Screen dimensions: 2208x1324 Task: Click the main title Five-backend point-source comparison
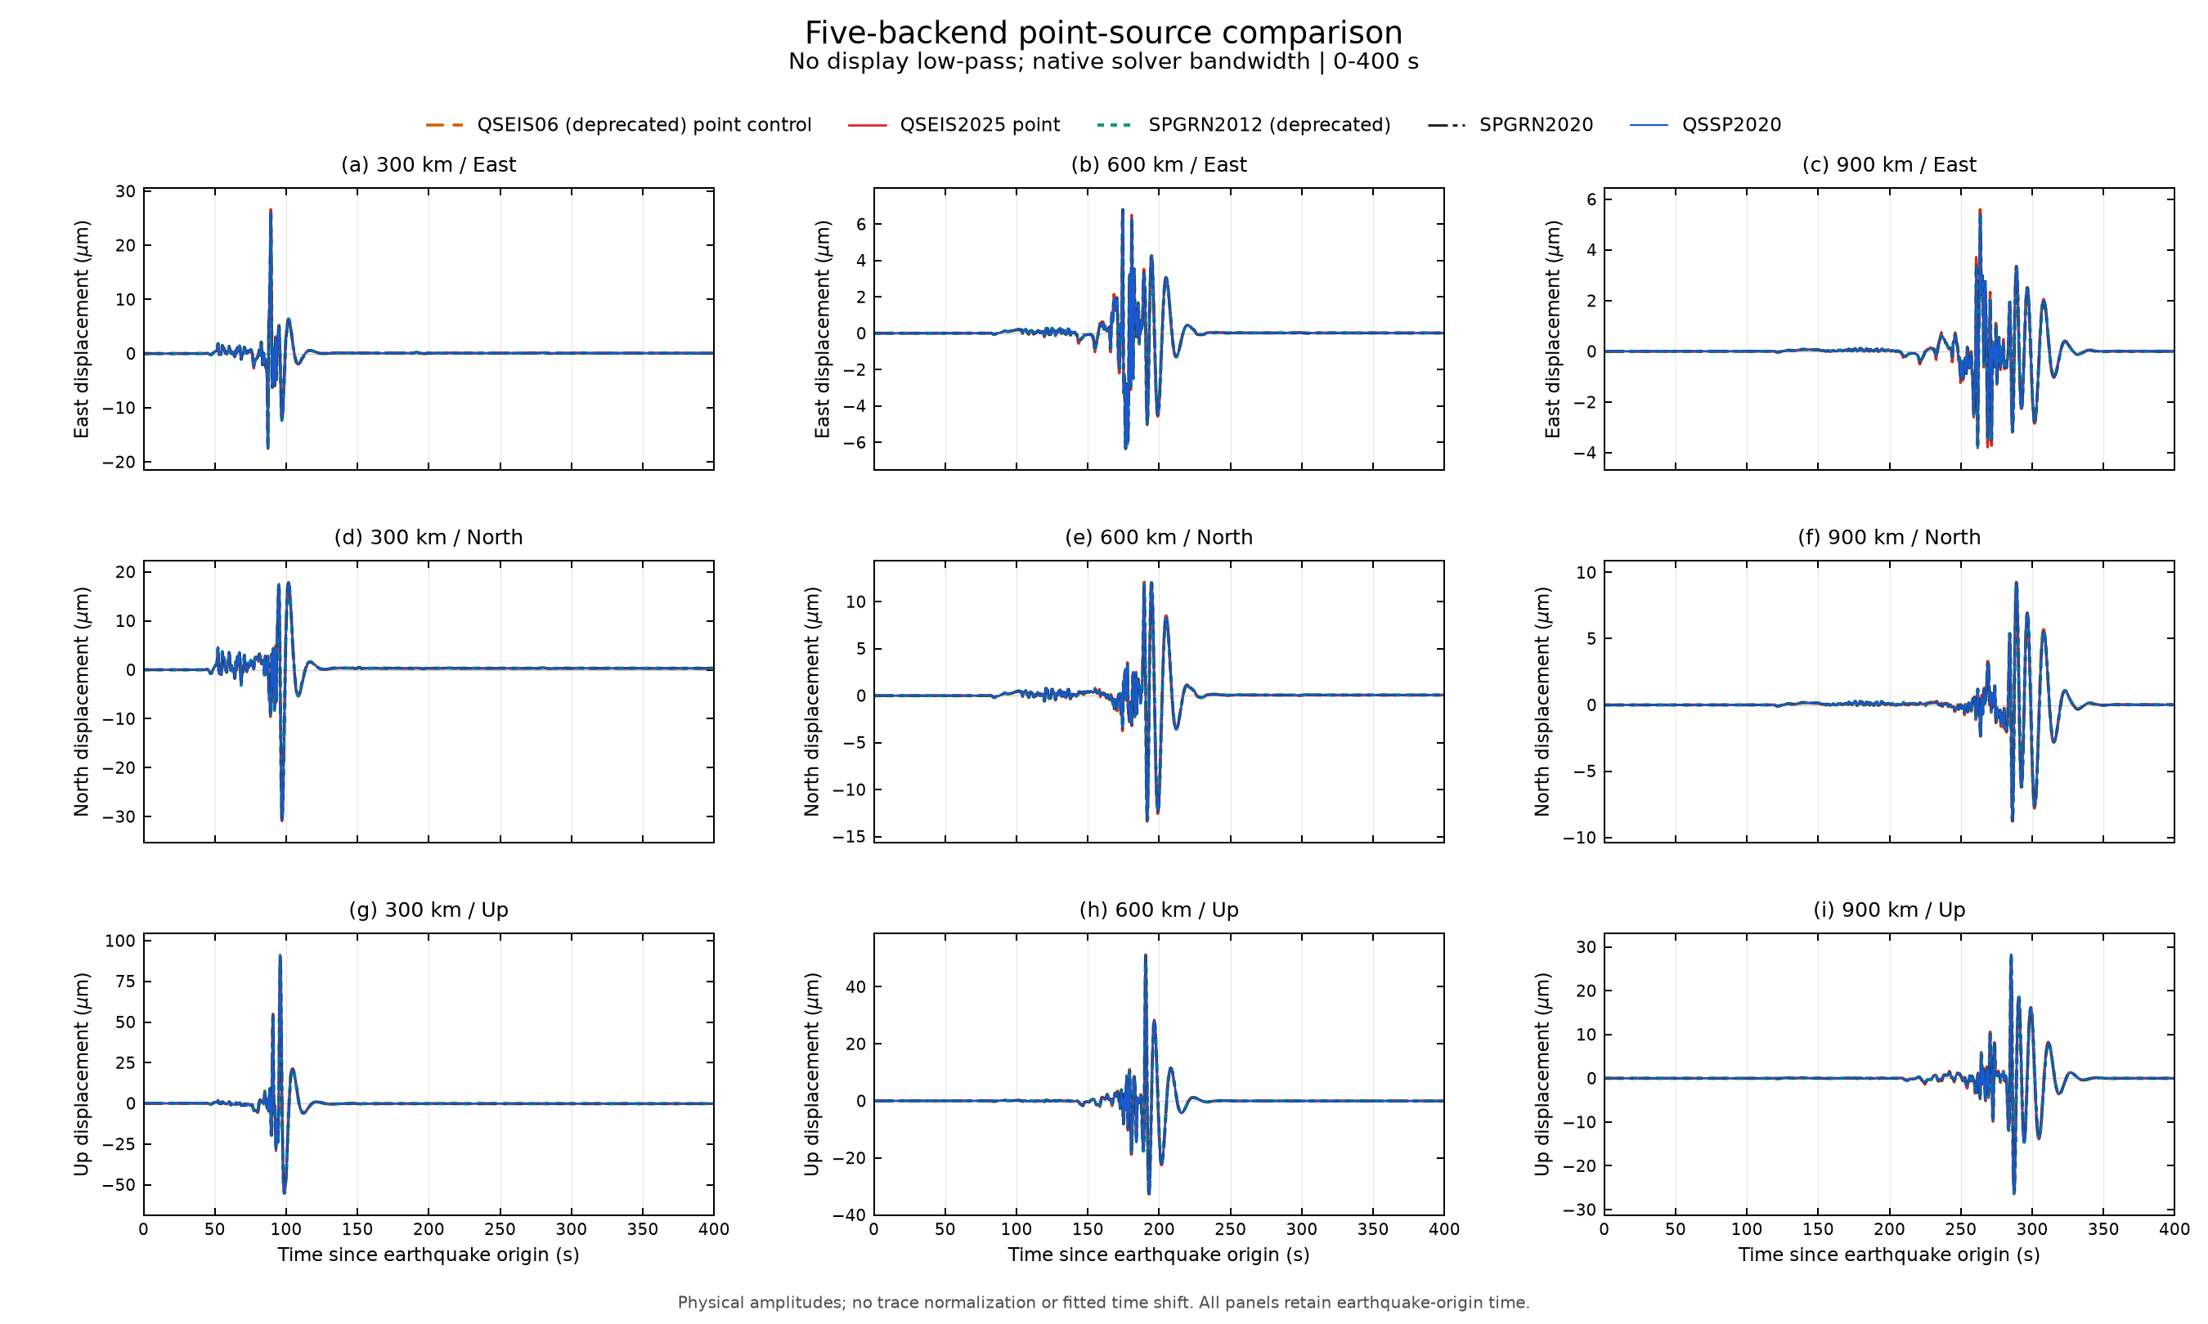[x=1103, y=33]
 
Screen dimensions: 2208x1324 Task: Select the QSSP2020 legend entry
[x=1704, y=125]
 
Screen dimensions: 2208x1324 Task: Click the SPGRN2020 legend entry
[x=1510, y=125]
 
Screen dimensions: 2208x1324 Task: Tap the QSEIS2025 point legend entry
[x=954, y=125]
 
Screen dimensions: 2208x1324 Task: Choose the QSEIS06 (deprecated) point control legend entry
[x=618, y=125]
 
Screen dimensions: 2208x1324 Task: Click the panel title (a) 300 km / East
[x=429, y=165]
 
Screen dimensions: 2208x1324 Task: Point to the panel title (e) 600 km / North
[x=1159, y=537]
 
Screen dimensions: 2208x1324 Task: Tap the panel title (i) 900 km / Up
[x=1888, y=910]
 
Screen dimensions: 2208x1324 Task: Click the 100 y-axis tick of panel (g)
[x=120, y=942]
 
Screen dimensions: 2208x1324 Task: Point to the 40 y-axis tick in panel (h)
[x=856, y=986]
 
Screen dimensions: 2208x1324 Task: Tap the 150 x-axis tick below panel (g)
[x=357, y=1229]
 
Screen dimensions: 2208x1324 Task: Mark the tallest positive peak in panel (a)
[x=271, y=211]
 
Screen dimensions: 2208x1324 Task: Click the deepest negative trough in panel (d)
[x=282, y=820]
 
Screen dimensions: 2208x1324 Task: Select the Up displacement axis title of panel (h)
[x=811, y=1074]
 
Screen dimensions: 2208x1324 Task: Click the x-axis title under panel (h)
[x=1159, y=1255]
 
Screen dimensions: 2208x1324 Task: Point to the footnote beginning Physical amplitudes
[x=1103, y=1303]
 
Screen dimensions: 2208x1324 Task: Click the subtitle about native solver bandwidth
[x=1103, y=61]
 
